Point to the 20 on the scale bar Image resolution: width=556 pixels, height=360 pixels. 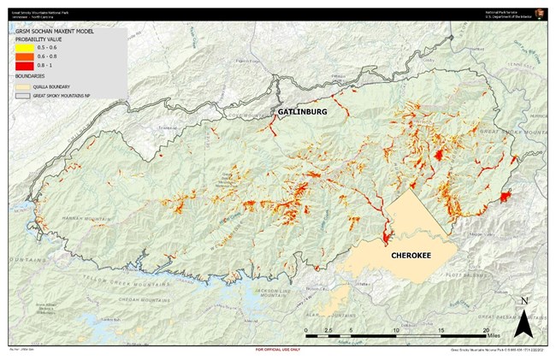[x=487, y=329]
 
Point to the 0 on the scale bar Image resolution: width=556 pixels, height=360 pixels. [x=306, y=329]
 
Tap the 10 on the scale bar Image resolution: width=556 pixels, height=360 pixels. [x=396, y=329]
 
